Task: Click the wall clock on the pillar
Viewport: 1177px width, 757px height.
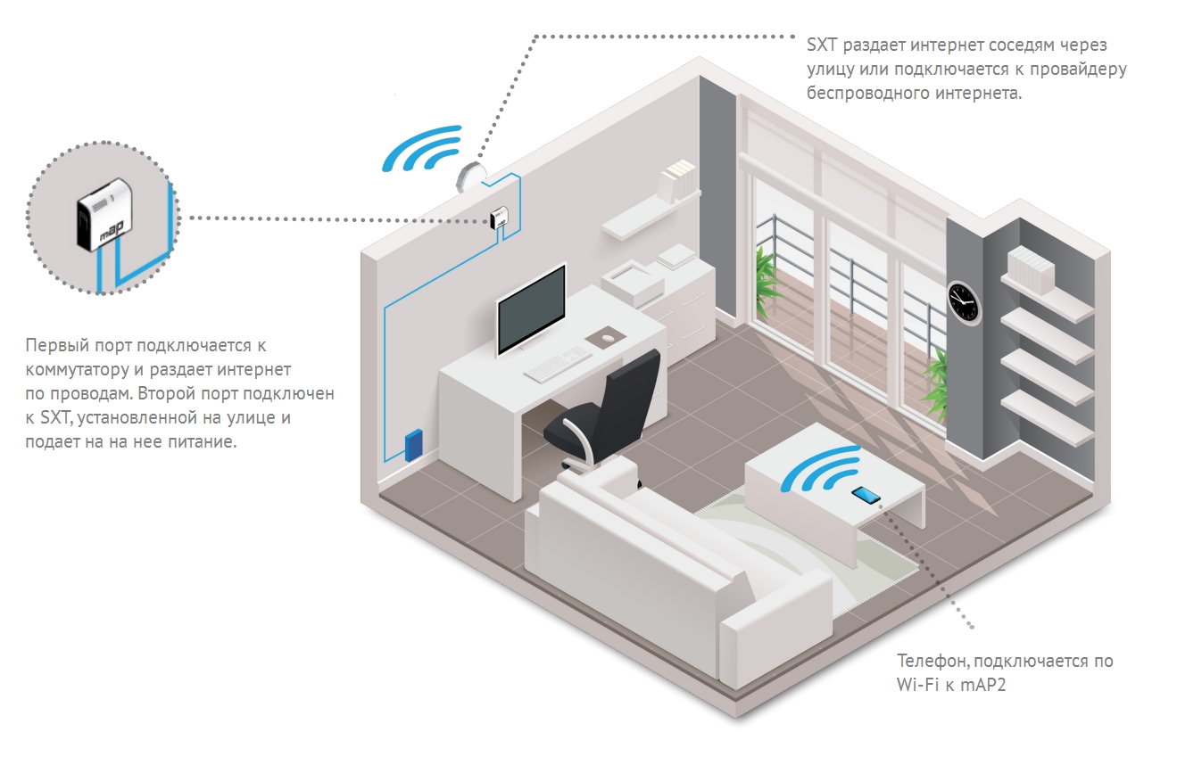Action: pos(963,300)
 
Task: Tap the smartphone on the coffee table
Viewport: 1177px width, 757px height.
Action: pos(865,495)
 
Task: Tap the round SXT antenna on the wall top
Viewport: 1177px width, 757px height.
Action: pos(470,176)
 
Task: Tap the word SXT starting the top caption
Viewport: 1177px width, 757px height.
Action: pos(820,45)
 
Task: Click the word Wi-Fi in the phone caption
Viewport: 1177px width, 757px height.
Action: pos(920,685)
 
